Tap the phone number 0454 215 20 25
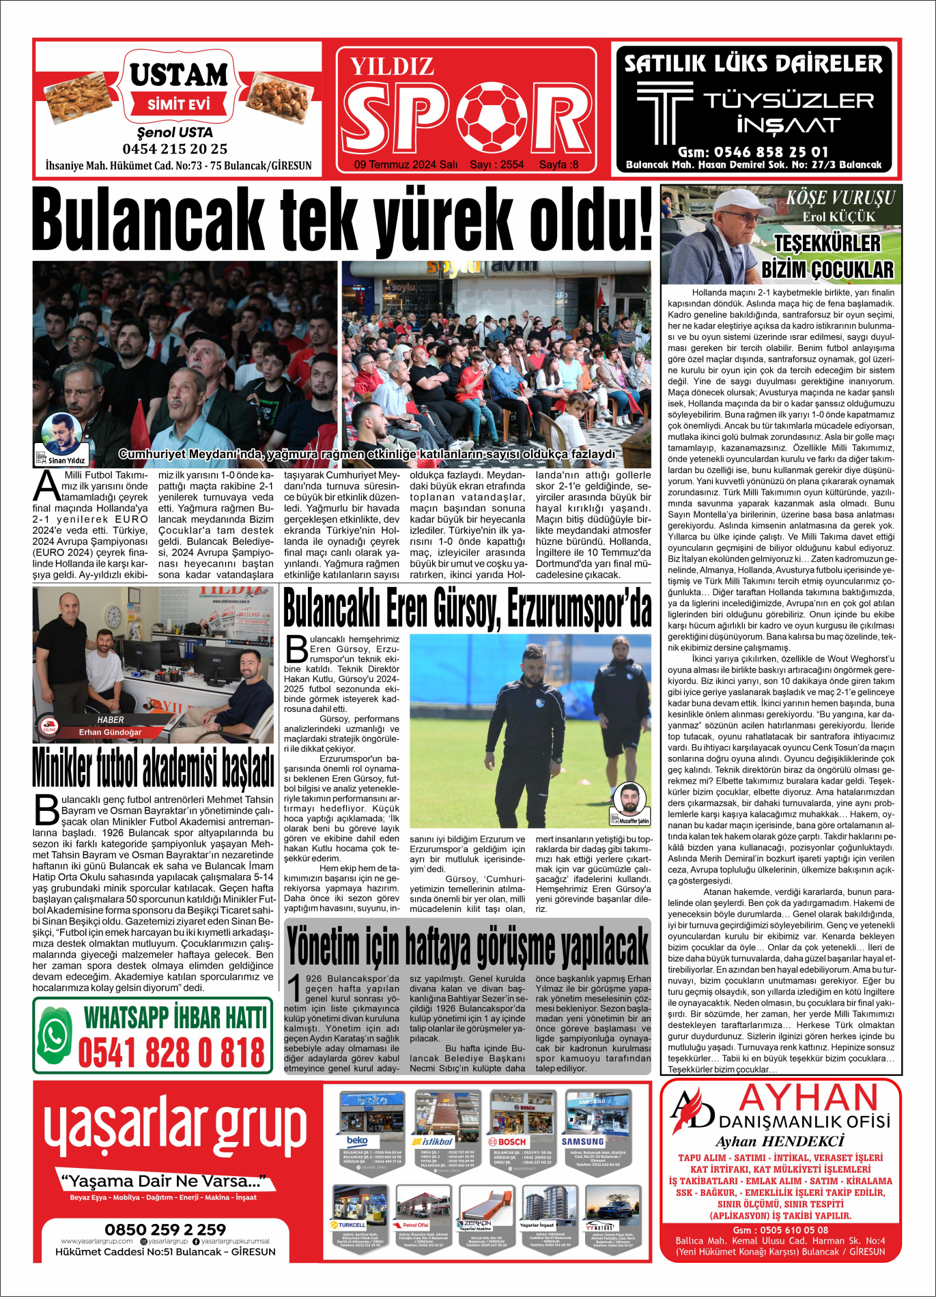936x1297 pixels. click(x=175, y=149)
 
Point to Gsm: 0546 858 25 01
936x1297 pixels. click(x=753, y=152)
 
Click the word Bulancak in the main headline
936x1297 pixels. click(x=148, y=220)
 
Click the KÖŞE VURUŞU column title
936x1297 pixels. click(x=840, y=198)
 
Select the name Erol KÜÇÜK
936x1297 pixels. click(x=838, y=216)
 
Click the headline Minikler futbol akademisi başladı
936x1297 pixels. click(x=154, y=768)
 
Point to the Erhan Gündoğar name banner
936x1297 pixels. click(x=110, y=732)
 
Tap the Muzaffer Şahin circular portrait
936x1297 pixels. click(x=629, y=799)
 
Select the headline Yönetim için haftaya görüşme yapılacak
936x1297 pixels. click(x=468, y=947)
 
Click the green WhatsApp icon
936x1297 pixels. click(x=56, y=1034)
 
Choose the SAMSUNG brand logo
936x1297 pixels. click(x=582, y=1141)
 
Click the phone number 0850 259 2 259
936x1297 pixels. click(x=165, y=1229)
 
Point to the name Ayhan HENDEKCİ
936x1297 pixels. click(x=780, y=1141)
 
